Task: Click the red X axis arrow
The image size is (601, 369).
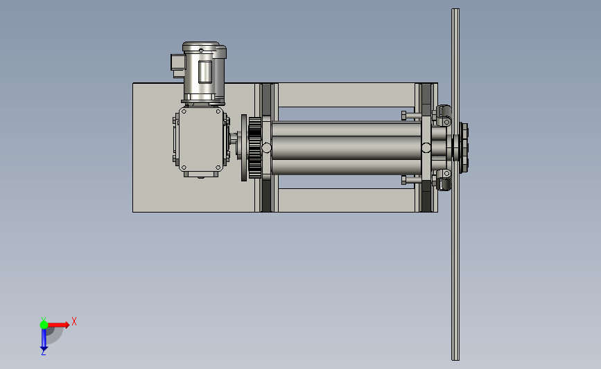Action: [x=58, y=325]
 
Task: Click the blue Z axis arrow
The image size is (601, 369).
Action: [x=44, y=339]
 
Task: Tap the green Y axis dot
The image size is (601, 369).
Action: [x=44, y=325]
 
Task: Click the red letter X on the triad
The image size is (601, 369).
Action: [x=74, y=321]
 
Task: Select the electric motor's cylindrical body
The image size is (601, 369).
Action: [x=204, y=72]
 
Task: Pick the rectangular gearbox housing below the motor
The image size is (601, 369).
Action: [x=201, y=141]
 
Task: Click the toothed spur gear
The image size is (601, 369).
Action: [x=255, y=147]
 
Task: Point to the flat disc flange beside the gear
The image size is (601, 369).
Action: [x=244, y=147]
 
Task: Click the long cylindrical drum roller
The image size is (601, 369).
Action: [x=346, y=147]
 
